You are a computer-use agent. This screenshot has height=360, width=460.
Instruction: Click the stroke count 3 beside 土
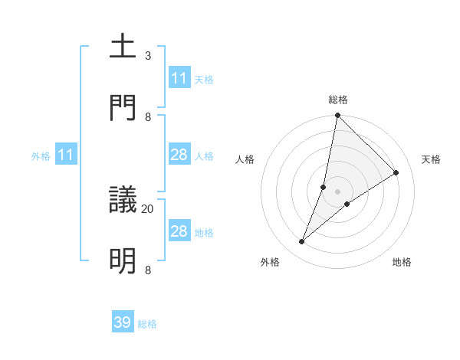(148, 56)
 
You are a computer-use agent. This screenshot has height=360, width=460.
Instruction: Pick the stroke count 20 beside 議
(148, 208)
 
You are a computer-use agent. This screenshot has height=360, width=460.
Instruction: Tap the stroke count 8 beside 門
(148, 117)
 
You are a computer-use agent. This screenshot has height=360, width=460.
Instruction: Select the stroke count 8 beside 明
(148, 270)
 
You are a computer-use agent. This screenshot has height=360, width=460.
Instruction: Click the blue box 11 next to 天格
(179, 78)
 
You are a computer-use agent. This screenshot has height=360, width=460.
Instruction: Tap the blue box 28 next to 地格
(179, 231)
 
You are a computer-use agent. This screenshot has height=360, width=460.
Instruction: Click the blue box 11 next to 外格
(66, 155)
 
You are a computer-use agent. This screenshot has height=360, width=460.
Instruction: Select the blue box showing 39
(123, 322)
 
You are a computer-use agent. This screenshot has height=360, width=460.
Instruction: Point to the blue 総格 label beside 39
(147, 324)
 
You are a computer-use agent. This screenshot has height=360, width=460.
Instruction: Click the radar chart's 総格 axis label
(338, 100)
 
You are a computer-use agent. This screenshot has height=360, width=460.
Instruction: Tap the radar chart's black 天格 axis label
(431, 159)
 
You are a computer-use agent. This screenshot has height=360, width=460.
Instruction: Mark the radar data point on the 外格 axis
(302, 242)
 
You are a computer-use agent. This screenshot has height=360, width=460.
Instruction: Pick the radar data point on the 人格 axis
(324, 187)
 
